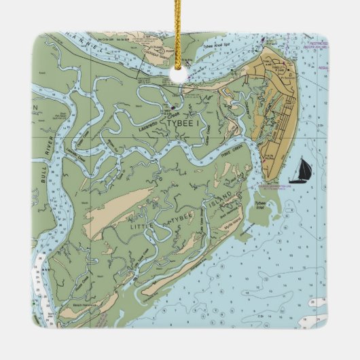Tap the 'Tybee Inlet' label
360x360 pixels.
tap(260, 204)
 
